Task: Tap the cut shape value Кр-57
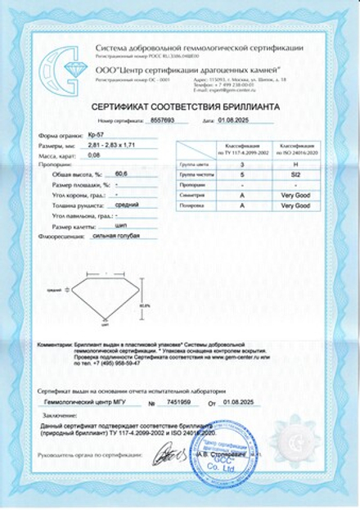95,134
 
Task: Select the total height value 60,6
124,174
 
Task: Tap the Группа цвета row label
190,165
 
